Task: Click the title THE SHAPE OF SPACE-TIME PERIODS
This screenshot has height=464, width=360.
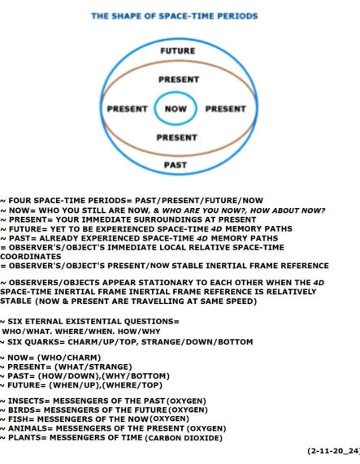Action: click(x=175, y=16)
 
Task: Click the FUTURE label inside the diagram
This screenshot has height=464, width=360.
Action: click(x=178, y=51)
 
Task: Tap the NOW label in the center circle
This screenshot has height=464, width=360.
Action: click(x=176, y=109)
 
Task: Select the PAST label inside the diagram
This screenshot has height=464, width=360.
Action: click(x=176, y=165)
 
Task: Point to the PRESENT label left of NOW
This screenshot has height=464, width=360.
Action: click(x=128, y=109)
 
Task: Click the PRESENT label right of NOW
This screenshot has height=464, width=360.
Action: click(x=226, y=109)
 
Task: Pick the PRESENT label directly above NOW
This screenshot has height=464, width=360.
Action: click(x=179, y=80)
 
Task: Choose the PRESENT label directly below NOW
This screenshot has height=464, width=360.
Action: click(x=177, y=137)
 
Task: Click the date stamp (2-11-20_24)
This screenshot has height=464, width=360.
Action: click(x=333, y=451)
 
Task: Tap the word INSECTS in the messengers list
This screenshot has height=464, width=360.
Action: click(x=25, y=401)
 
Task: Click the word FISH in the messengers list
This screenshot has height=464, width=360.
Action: click(x=18, y=419)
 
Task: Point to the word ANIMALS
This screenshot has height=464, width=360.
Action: click(x=27, y=428)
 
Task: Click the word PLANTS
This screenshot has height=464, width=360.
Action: click(x=24, y=438)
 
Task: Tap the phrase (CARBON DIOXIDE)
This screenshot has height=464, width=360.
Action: click(x=184, y=438)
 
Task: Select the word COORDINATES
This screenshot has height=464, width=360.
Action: click(x=31, y=257)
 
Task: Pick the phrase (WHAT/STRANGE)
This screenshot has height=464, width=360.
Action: click(x=93, y=367)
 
